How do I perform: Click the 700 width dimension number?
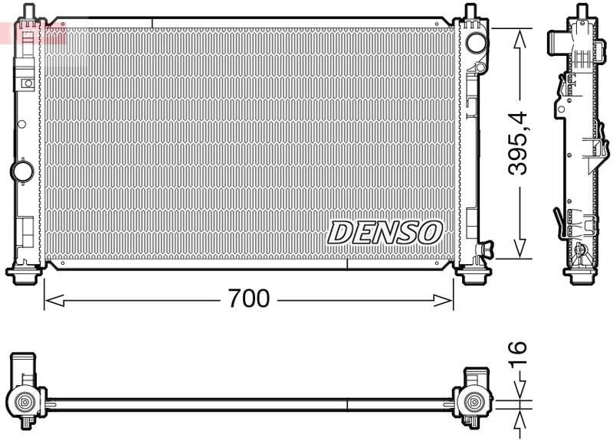point(250,299)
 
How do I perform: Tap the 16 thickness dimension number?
point(520,357)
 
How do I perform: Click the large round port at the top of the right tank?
point(477,42)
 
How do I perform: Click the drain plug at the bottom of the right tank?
point(486,248)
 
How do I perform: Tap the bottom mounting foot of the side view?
point(581,273)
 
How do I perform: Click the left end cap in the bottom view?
point(25,390)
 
